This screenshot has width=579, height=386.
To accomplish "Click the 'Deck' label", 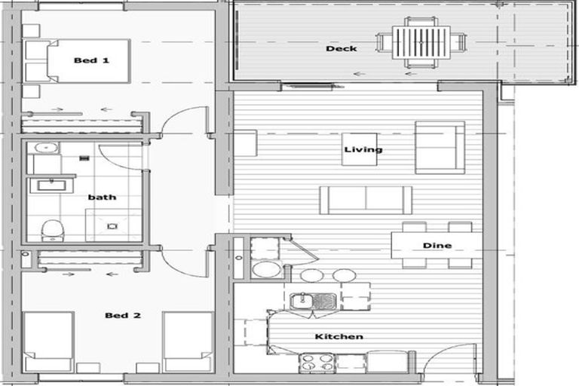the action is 342,48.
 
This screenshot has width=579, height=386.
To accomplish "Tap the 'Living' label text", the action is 363,149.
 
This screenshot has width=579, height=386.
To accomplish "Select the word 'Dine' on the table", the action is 437,246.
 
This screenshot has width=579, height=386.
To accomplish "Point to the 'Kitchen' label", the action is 339,336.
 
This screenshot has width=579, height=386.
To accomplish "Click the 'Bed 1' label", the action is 91,60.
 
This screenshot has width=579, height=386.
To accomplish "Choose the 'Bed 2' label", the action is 123,315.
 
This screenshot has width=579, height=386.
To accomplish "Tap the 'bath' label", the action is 102,198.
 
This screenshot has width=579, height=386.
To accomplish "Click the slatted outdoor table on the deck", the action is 421,42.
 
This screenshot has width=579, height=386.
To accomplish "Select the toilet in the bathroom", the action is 53,231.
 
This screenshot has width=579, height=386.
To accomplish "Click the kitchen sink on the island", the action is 313,301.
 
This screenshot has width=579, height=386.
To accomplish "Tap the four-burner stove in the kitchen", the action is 317,363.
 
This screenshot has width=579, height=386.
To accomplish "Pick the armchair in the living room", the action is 440,147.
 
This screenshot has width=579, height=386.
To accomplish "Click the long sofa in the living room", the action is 366,200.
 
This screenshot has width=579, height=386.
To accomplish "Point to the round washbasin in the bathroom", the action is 46,148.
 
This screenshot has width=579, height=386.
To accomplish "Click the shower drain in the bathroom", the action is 112,226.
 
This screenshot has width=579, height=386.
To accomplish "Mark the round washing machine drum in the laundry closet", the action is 266,269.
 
